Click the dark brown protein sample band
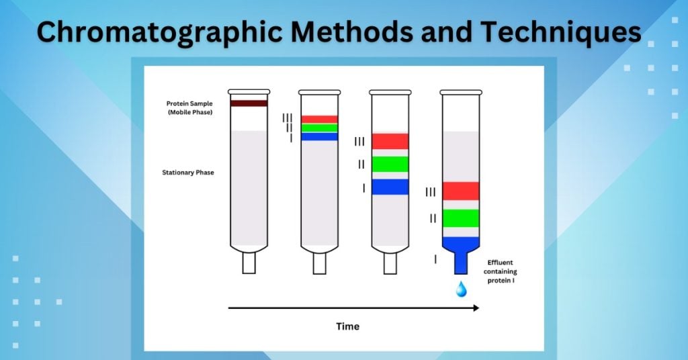(249, 103)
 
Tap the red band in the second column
(319, 120)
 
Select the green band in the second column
(319, 128)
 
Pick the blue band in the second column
(319, 136)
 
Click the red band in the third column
(390, 141)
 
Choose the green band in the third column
(390, 164)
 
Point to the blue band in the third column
(390, 187)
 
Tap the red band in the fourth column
(460, 191)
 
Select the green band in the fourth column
(460, 218)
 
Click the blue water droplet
(461, 289)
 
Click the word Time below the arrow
(347, 326)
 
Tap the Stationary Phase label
(188, 173)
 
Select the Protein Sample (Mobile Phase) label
(189, 107)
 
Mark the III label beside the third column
(359, 142)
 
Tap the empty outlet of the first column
(249, 263)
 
